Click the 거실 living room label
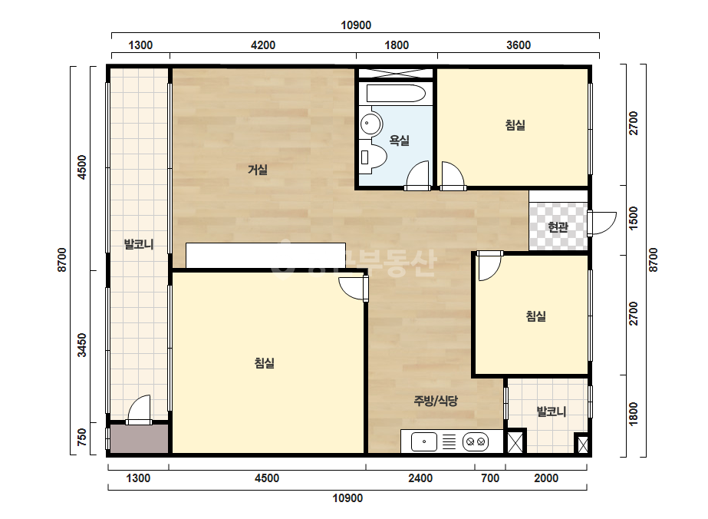click(x=258, y=170)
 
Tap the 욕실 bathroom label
click(x=399, y=140)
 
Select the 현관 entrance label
click(x=558, y=226)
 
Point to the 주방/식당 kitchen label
click(x=436, y=401)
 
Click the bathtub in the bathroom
click(x=396, y=94)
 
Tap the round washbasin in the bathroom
click(x=370, y=123)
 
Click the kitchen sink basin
click(x=424, y=441)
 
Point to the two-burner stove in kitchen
click(x=476, y=441)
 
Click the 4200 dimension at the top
click(x=263, y=45)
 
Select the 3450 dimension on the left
click(x=82, y=345)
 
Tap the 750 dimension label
click(x=82, y=437)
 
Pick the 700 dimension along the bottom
click(x=490, y=478)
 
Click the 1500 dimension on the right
click(x=634, y=218)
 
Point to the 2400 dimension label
click(x=420, y=478)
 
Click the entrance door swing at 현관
click(x=602, y=223)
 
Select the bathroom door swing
click(x=417, y=175)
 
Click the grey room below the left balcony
click(x=139, y=438)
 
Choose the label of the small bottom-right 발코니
click(x=551, y=412)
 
